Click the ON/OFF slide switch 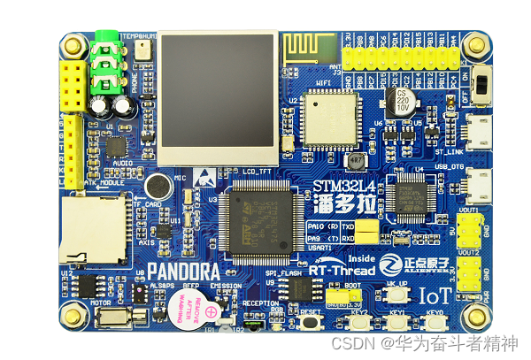484,86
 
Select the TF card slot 90,229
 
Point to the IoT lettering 436,295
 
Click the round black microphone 158,186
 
